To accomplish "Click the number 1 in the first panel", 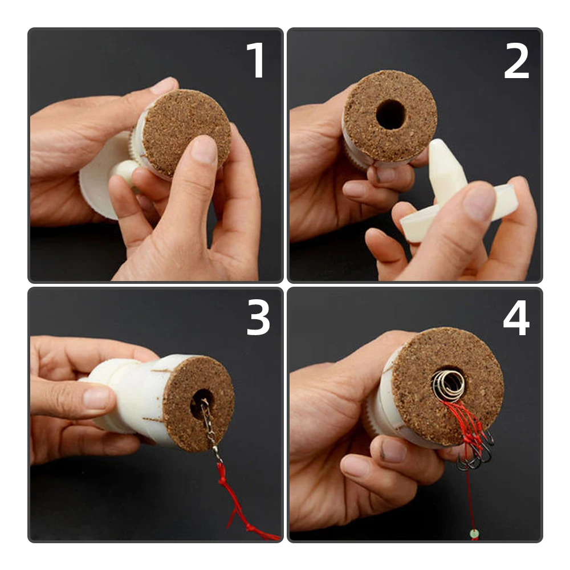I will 256,60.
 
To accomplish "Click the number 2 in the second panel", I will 516,60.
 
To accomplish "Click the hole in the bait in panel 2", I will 391,114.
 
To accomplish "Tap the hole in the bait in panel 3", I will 201,402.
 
